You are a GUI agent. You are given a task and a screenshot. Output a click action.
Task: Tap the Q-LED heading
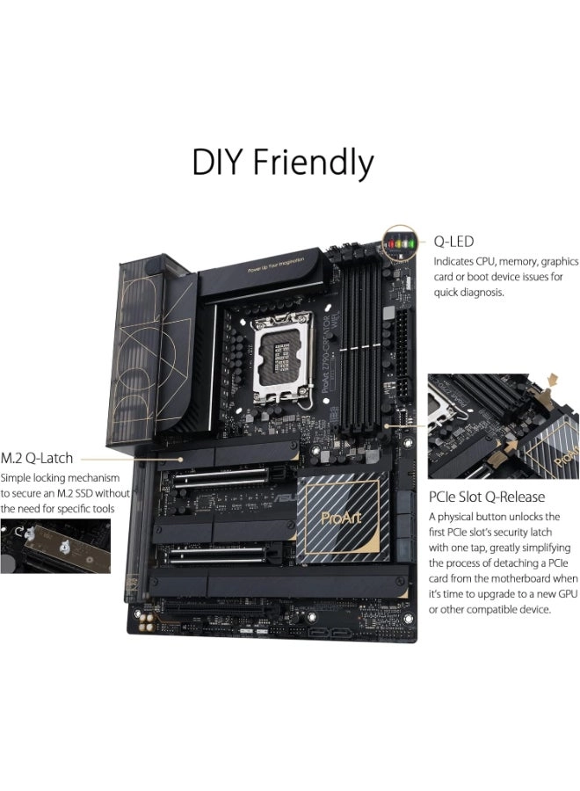click(x=455, y=241)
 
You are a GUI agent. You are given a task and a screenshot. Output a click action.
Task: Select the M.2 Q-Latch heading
click(x=37, y=458)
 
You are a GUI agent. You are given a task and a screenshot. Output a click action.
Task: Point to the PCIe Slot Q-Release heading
click(x=486, y=497)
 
